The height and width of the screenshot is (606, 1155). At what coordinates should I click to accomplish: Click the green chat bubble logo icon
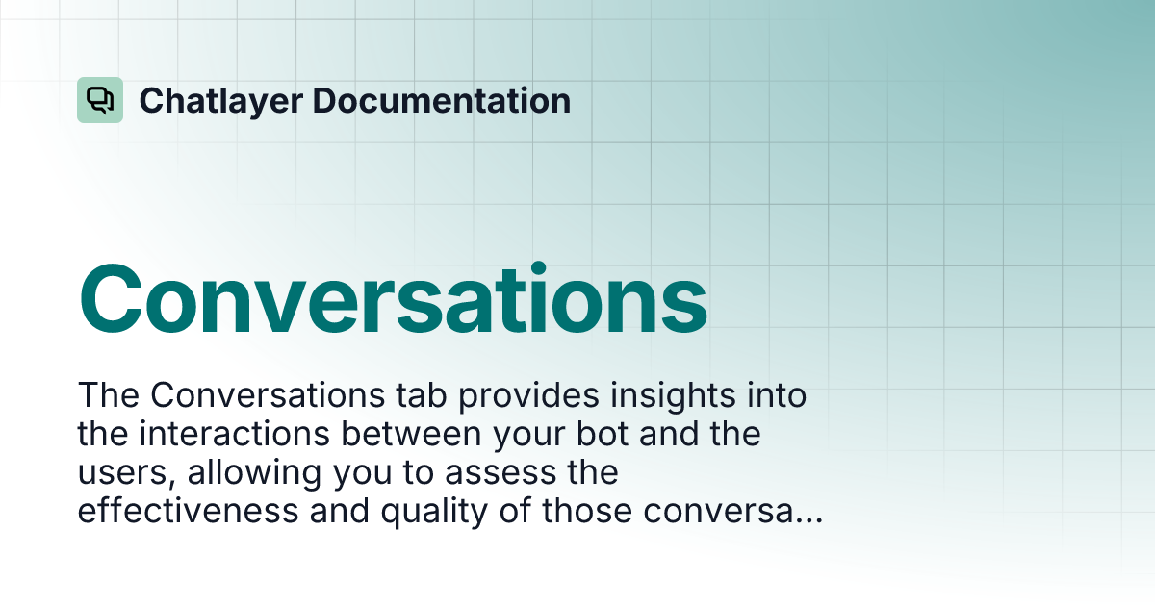coord(100,100)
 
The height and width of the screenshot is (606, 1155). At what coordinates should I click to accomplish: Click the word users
coord(116,473)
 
